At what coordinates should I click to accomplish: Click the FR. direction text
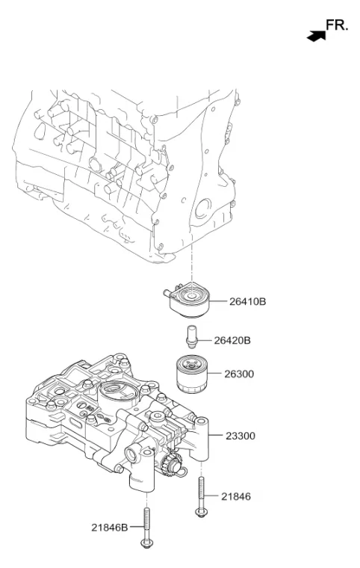coord(336,25)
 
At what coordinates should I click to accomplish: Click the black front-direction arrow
coord(316,36)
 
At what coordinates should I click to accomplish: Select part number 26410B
coord(247,301)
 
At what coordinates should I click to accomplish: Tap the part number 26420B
coord(232,341)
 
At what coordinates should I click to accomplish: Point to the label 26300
coord(239,374)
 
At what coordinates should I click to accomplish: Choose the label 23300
coord(240,436)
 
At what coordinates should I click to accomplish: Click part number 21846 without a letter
coord(236,496)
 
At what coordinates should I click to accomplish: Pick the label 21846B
coord(109,528)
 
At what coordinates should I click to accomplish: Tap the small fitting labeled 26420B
coord(192,336)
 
